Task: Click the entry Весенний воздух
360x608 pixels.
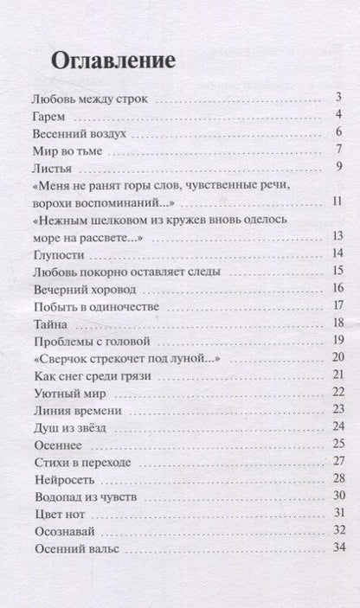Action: [x=79, y=134]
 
